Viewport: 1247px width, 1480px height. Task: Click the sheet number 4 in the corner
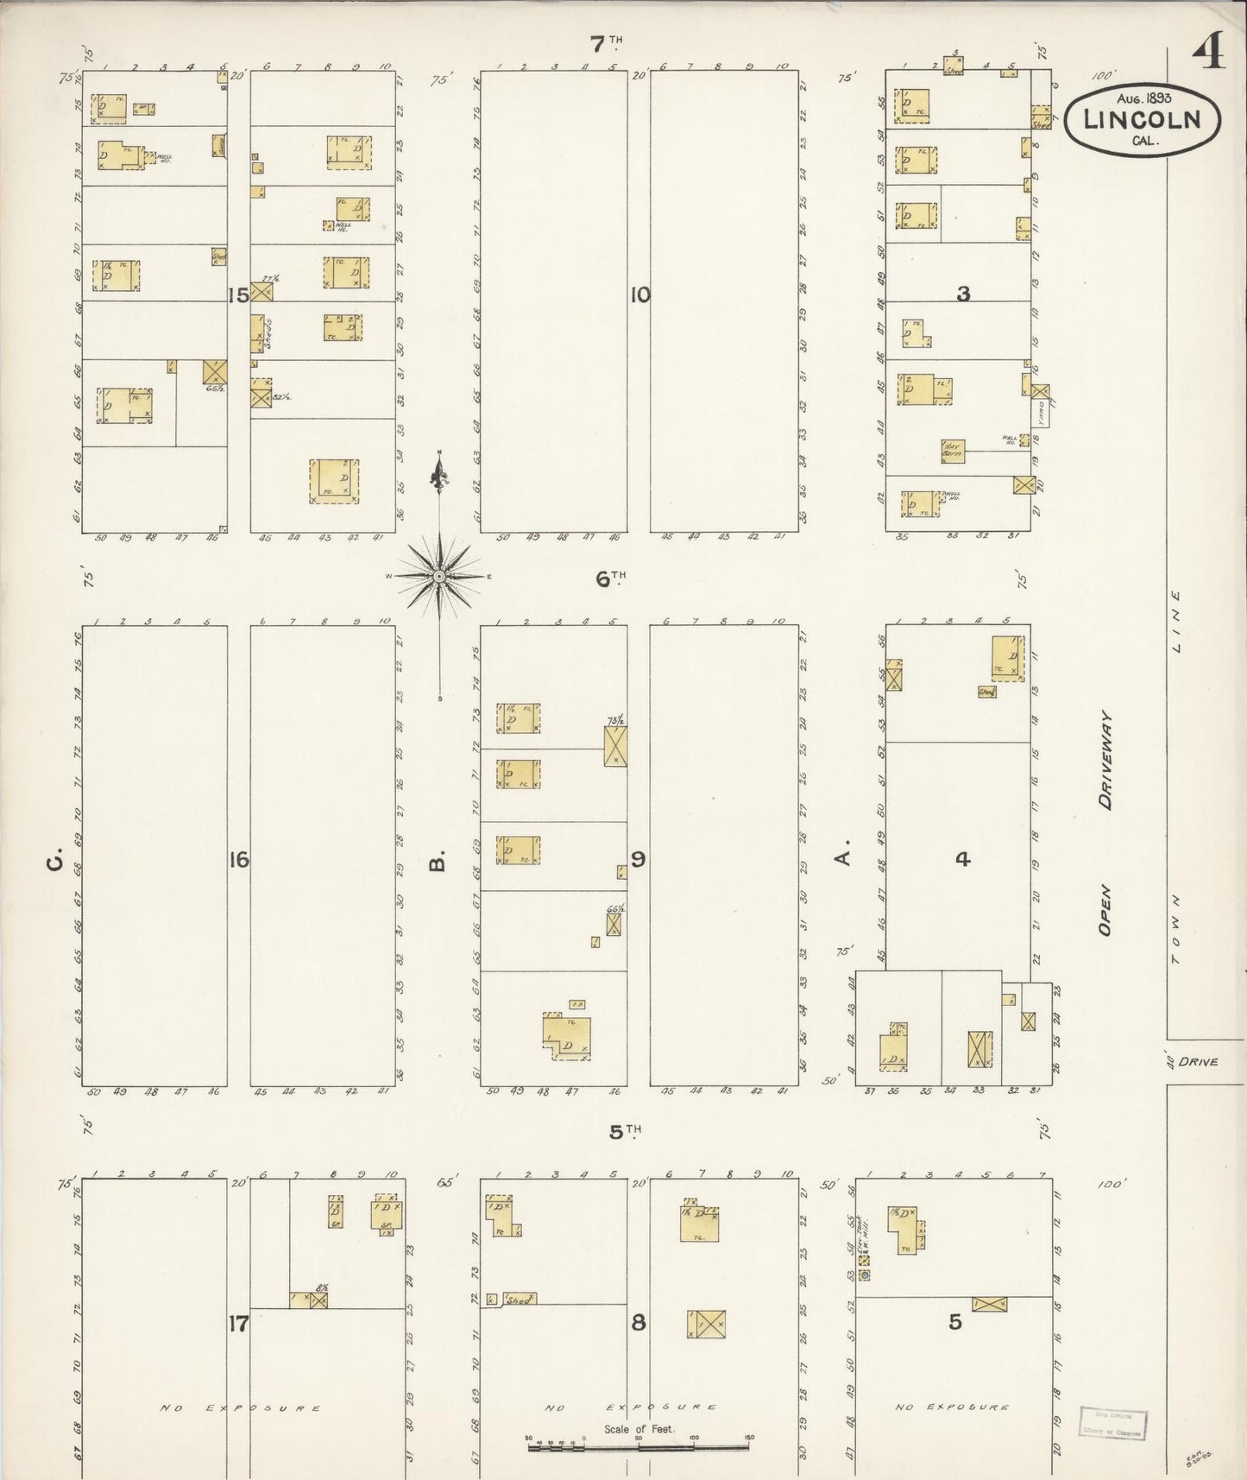(x=1209, y=54)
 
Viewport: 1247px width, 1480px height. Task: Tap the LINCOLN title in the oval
(x=1143, y=119)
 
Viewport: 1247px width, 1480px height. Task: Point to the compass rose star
(x=439, y=576)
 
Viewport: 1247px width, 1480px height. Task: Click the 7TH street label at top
(x=607, y=41)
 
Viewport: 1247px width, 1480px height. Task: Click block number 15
(x=238, y=295)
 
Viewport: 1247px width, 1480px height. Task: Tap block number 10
(x=639, y=295)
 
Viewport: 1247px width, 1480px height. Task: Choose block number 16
(x=239, y=859)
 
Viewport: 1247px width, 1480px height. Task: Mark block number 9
(x=639, y=859)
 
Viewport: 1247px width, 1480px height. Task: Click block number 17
(x=239, y=1323)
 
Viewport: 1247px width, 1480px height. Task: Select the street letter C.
(x=55, y=860)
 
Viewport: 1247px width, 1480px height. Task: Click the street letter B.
(x=439, y=861)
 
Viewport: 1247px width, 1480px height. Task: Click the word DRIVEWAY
(x=1105, y=760)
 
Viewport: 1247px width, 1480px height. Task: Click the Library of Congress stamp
(x=1112, y=1421)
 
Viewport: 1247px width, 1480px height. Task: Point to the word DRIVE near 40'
(x=1199, y=1061)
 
